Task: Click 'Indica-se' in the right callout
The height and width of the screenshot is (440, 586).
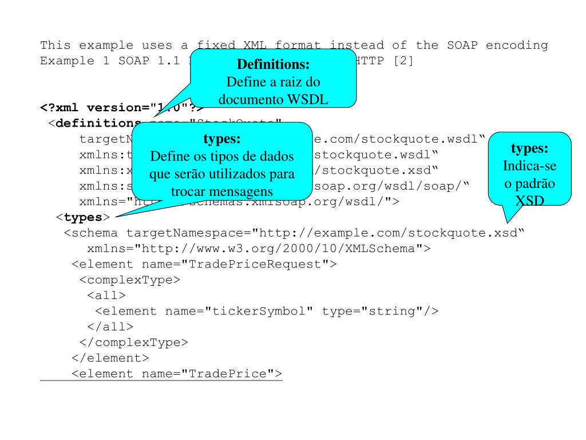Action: click(x=530, y=165)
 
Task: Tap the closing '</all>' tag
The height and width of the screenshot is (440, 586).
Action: click(x=110, y=327)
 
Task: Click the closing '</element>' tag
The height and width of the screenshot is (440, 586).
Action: click(x=110, y=358)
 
